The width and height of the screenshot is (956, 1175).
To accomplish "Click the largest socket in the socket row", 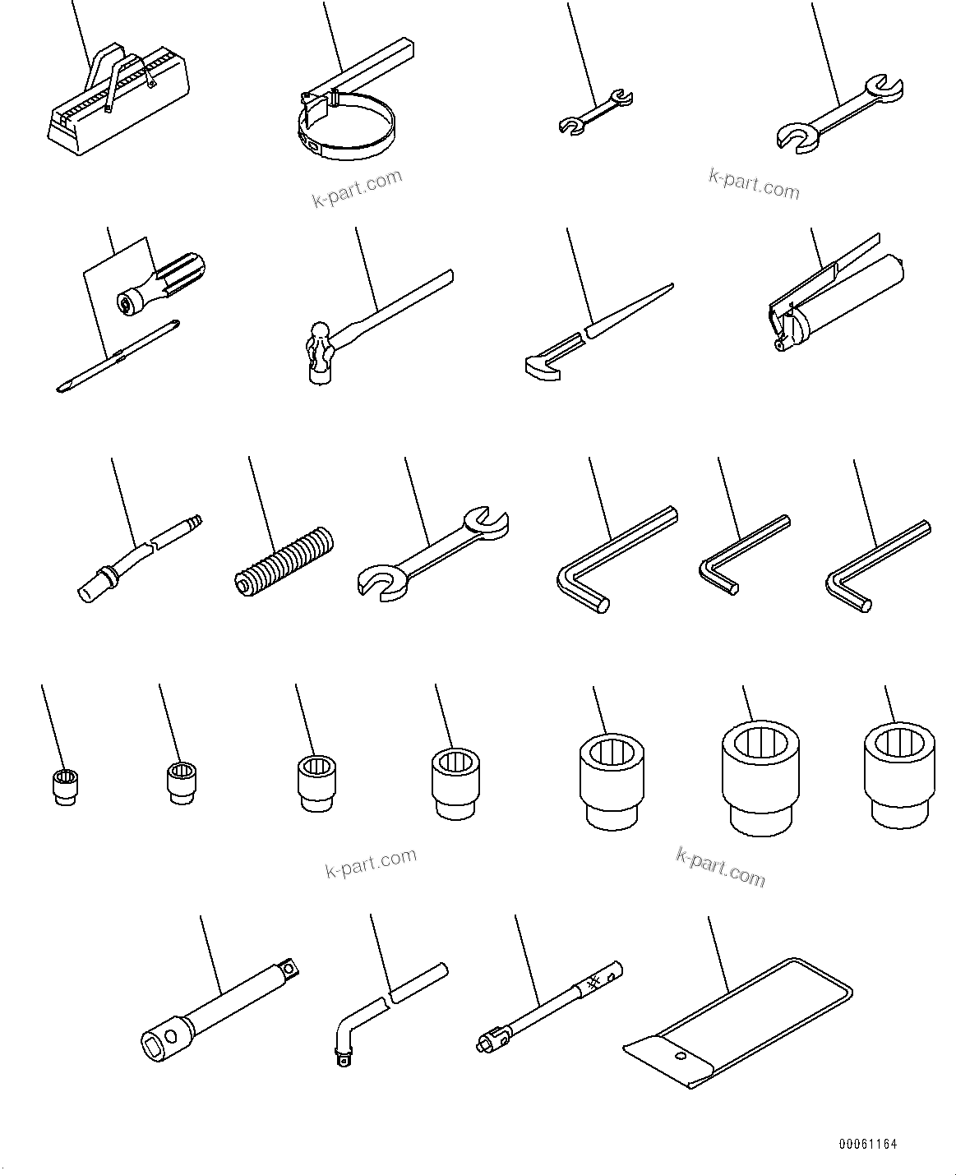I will [x=760, y=776].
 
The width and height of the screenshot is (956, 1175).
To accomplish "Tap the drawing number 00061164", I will [x=867, y=1144].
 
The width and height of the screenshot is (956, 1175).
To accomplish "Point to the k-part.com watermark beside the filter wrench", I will [x=357, y=188].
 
